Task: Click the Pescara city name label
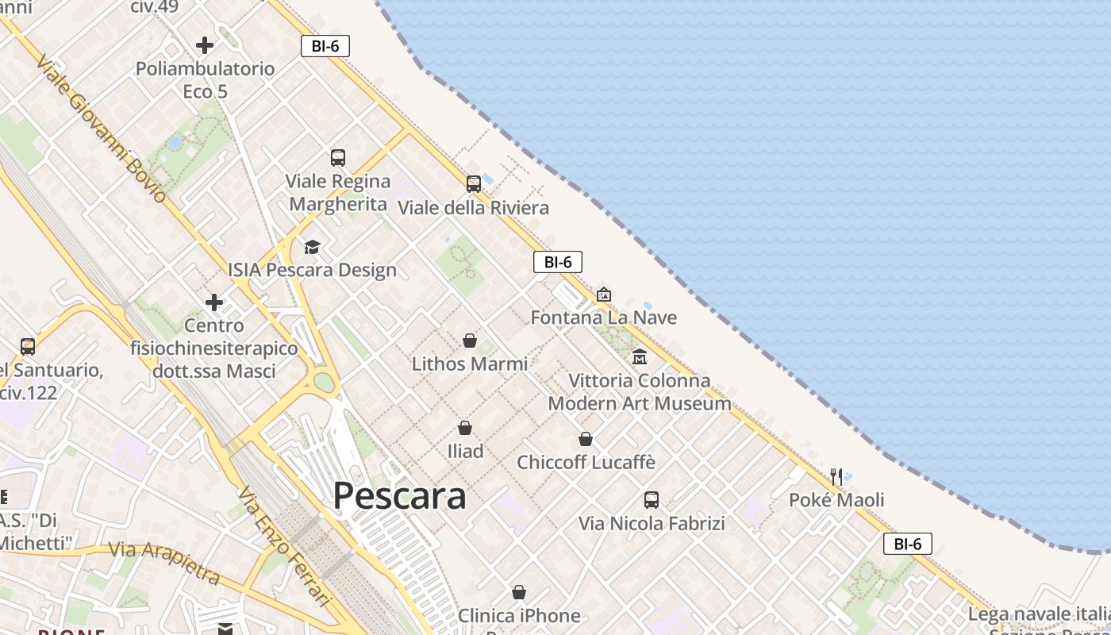(x=399, y=496)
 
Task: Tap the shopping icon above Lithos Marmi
(x=470, y=341)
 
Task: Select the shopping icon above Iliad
(x=465, y=428)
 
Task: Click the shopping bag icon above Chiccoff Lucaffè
(x=586, y=439)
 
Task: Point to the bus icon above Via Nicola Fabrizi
(x=652, y=500)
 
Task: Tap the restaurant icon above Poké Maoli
(x=836, y=476)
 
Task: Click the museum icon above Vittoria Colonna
(x=640, y=357)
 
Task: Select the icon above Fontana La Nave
(x=604, y=294)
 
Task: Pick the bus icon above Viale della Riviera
(x=474, y=184)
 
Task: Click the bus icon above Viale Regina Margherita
(x=338, y=157)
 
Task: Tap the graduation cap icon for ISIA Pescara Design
(x=312, y=247)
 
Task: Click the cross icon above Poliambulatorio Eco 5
(x=205, y=45)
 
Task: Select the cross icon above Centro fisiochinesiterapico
(x=214, y=302)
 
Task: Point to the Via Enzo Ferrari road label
(x=283, y=547)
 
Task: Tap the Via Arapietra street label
(x=164, y=561)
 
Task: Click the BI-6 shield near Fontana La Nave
(x=558, y=262)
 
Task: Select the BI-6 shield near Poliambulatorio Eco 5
(x=325, y=46)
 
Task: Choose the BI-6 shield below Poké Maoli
(x=908, y=544)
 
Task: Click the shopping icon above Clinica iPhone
(x=519, y=592)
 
